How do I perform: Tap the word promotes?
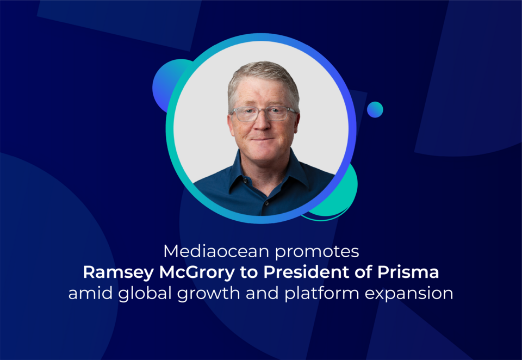pos(317,252)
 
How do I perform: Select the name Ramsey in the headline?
pos(118,273)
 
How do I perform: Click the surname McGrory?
pos(197,273)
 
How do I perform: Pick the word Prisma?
pos(408,272)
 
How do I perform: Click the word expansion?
pos(409,294)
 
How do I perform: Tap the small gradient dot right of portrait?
pos(375,109)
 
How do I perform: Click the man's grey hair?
pos(263,77)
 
